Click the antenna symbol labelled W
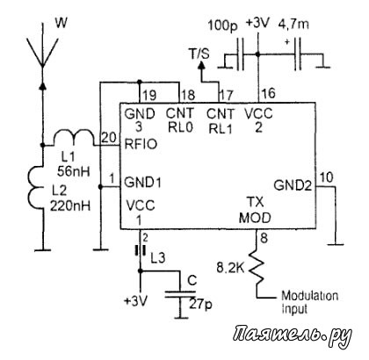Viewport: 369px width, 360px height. [x=42, y=53]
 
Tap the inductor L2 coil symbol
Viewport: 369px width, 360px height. [x=36, y=188]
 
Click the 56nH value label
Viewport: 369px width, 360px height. [x=73, y=171]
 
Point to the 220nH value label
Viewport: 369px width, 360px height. [x=70, y=206]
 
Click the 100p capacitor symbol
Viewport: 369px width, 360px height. [x=240, y=54]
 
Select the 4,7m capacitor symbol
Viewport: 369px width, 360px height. [x=298, y=54]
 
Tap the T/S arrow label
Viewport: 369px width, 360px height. [x=199, y=54]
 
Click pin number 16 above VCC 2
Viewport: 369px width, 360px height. [x=268, y=93]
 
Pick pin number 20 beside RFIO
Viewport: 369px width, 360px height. [x=109, y=137]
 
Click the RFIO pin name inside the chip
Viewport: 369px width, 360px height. [x=141, y=144]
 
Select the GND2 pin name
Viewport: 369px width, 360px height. [x=293, y=185]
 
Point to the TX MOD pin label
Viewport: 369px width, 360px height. [x=255, y=210]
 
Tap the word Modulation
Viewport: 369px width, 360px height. [x=310, y=296]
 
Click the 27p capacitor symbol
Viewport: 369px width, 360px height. [x=180, y=294]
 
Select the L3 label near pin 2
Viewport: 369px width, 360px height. [x=158, y=258]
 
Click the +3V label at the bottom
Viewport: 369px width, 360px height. [x=136, y=301]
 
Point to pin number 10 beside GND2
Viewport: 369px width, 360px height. [x=327, y=177]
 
